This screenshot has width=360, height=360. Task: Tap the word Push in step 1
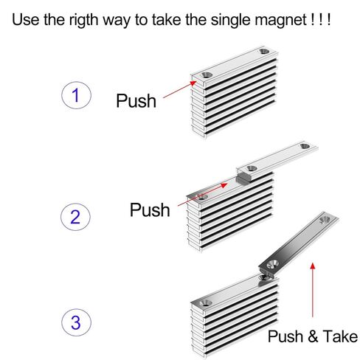point(136,101)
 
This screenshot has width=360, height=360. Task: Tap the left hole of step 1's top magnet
point(205,75)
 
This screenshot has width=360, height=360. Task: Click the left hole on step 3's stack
point(204,302)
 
